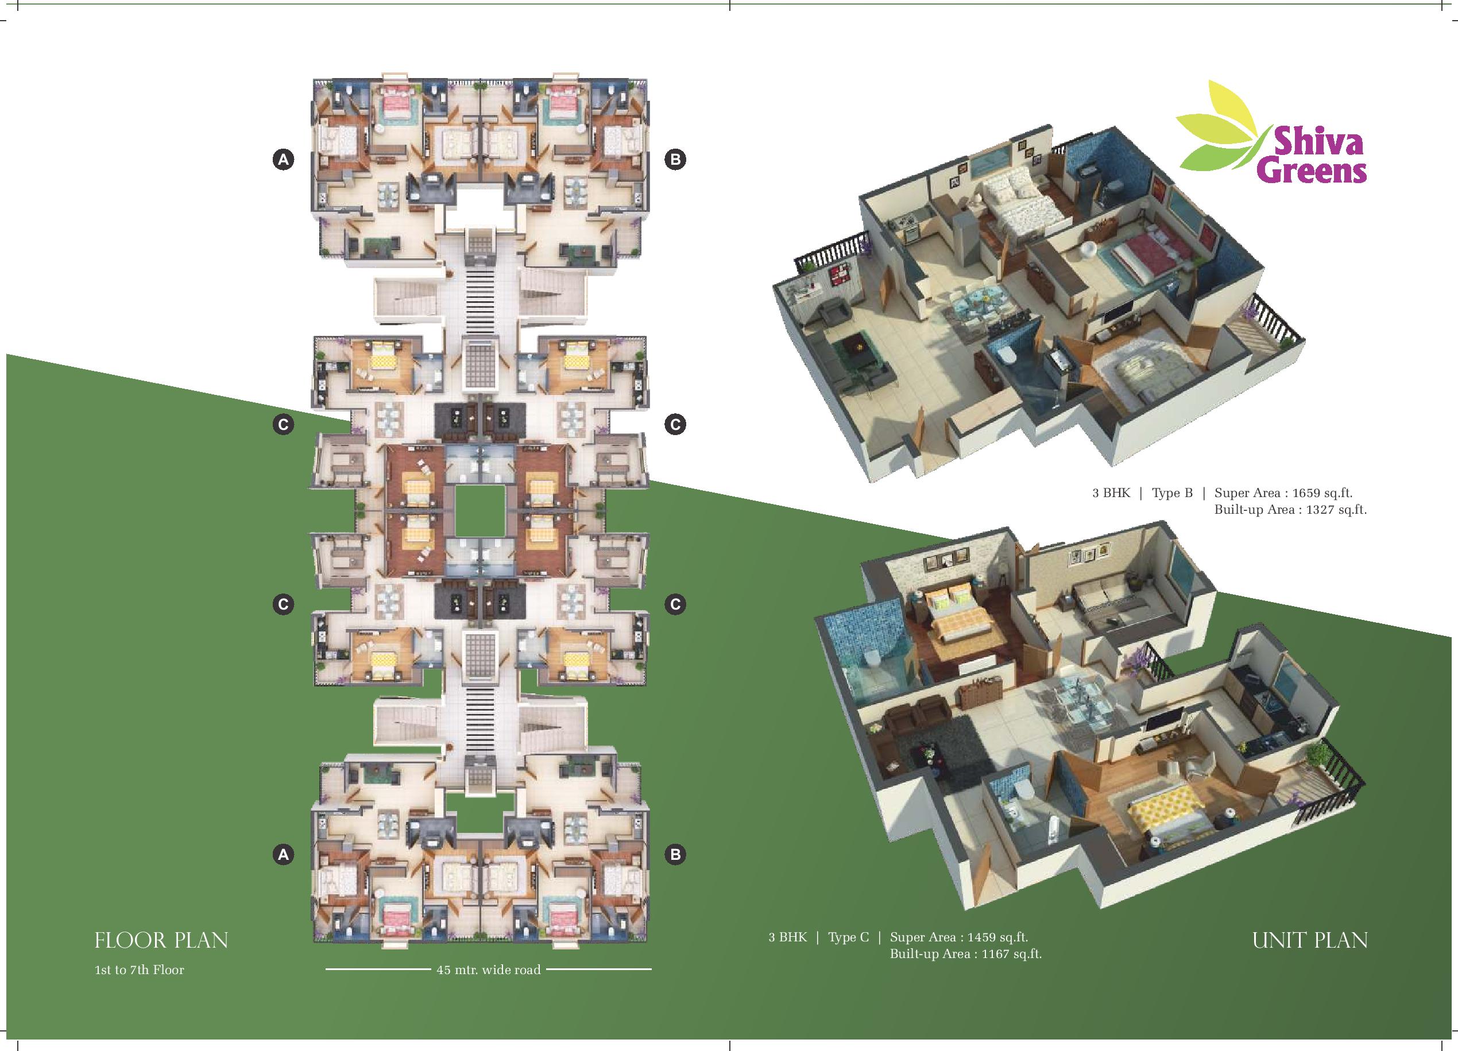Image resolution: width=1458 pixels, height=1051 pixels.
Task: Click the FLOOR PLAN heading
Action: (161, 940)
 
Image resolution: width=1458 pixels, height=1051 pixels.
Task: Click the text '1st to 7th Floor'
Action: (140, 970)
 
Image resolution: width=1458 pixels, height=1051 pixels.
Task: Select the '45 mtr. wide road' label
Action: (489, 970)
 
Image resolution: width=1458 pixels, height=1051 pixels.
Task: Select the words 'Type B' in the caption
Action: (1172, 494)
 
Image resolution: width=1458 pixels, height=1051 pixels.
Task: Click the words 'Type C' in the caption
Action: (849, 938)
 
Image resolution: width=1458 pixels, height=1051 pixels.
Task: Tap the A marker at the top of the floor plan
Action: (284, 160)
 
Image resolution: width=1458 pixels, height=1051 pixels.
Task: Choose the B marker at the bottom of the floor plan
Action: (675, 855)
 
